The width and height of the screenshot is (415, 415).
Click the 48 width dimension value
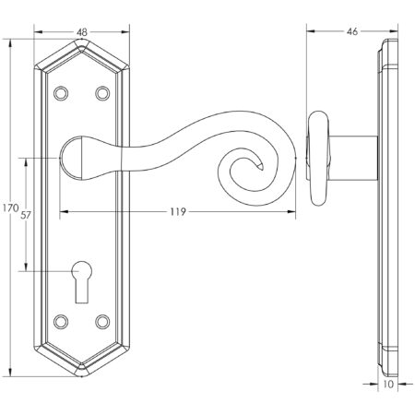[83, 31]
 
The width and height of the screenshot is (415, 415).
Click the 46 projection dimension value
[351, 31]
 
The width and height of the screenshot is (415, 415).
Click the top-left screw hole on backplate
[62, 93]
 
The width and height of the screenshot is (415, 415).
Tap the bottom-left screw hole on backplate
[62, 321]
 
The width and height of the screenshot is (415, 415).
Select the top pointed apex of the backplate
[82, 40]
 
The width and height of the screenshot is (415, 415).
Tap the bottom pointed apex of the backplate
[82, 375]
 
